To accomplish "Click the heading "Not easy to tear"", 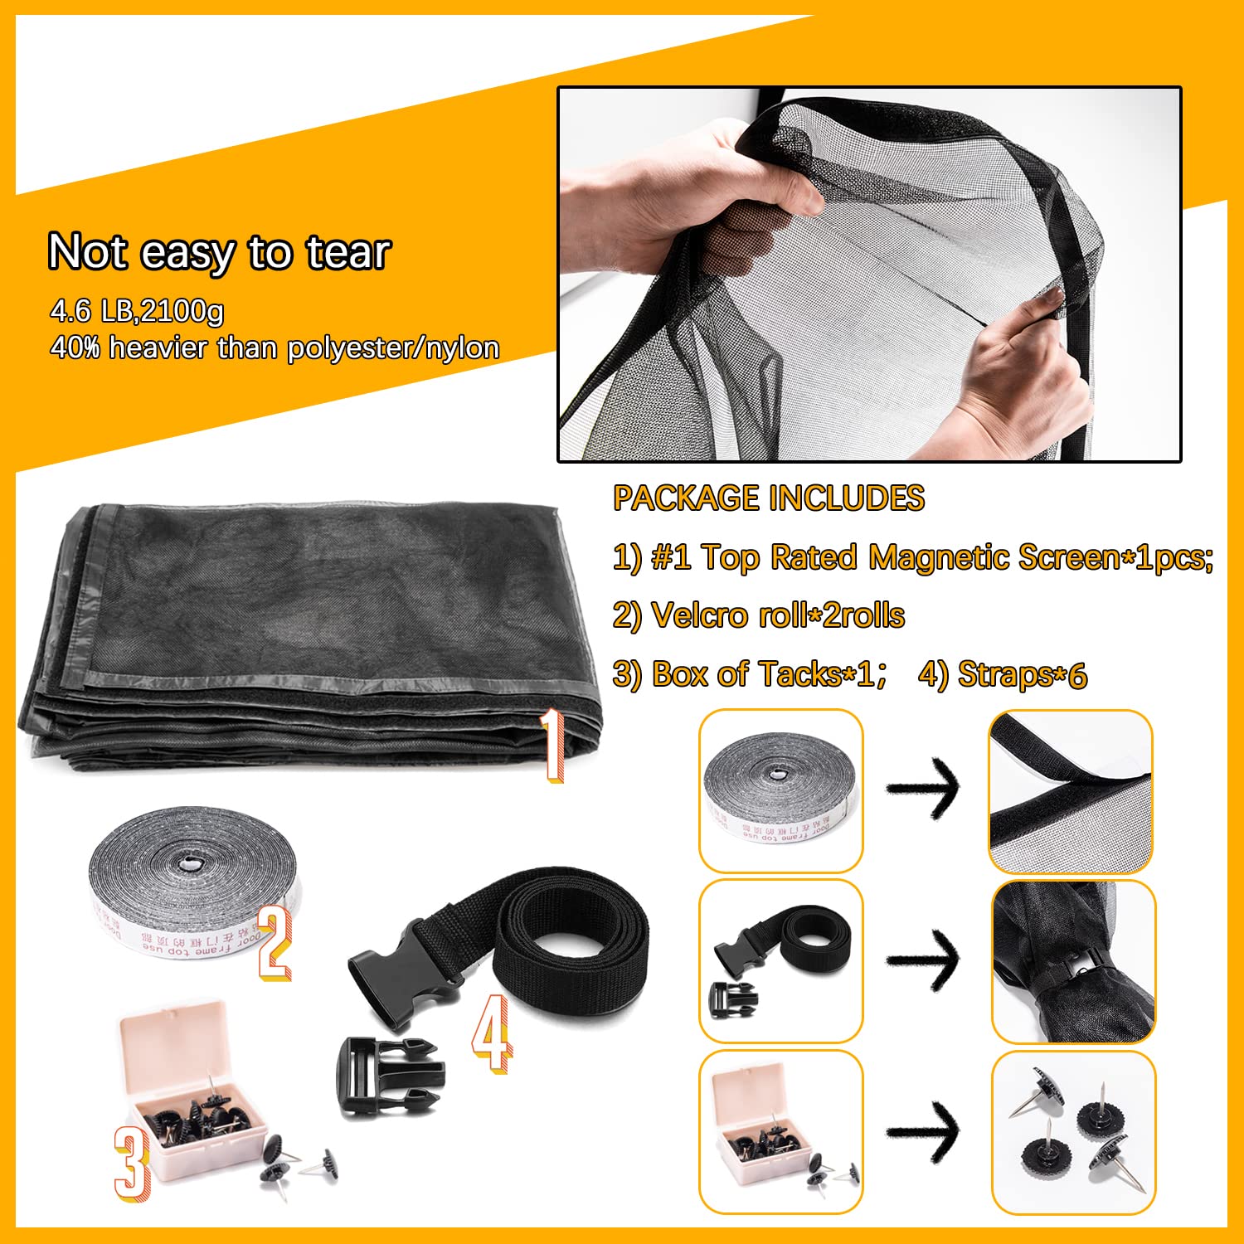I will [x=219, y=251].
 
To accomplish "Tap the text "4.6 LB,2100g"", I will [x=137, y=311].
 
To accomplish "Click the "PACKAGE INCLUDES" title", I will [x=768, y=498].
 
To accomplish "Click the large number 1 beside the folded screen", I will [x=552, y=746].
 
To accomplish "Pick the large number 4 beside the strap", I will [x=491, y=1033].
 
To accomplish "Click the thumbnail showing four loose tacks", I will [x=1072, y=1131].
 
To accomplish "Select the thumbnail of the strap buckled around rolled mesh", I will [x=1072, y=961].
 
